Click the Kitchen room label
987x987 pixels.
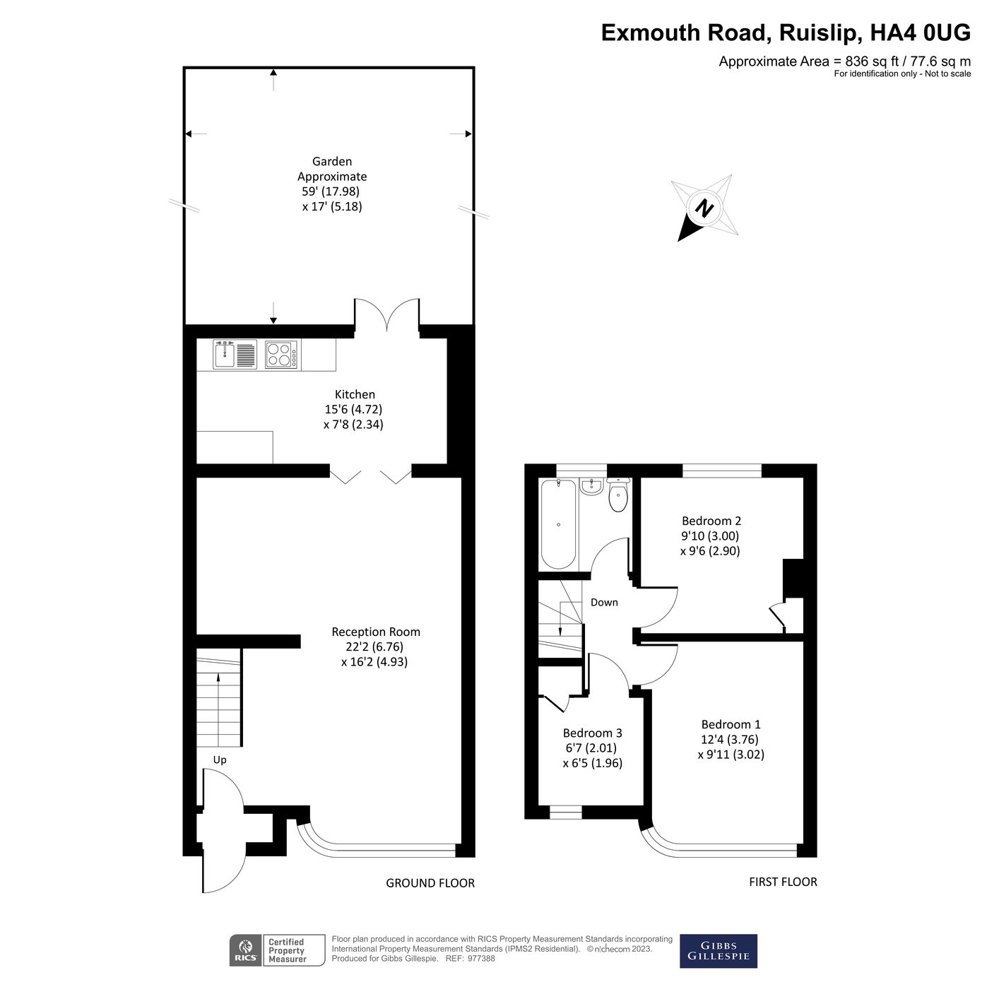pyautogui.click(x=355, y=394)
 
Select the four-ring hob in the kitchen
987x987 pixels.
pyautogui.click(x=282, y=354)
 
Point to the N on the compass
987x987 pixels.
pyautogui.click(x=704, y=208)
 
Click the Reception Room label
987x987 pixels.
pyautogui.click(x=376, y=632)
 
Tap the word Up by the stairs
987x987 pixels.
pyautogui.click(x=220, y=760)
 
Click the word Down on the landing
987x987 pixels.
pyautogui.click(x=604, y=603)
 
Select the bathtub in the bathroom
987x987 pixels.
pyautogui.click(x=559, y=523)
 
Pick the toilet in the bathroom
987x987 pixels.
pyautogui.click(x=618, y=496)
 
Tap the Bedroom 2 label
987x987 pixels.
pyautogui.click(x=711, y=521)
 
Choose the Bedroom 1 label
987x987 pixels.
pyautogui.click(x=731, y=724)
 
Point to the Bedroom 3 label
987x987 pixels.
pyautogui.click(x=592, y=733)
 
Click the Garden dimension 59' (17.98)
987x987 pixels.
pyautogui.click(x=331, y=191)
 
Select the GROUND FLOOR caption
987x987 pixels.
pyautogui.click(x=430, y=883)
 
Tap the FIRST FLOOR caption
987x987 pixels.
pyautogui.click(x=783, y=882)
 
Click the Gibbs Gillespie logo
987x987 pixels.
pyautogui.click(x=718, y=951)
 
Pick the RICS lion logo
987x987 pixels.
pyautogui.click(x=246, y=950)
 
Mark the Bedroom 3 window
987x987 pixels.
pyautogui.click(x=565, y=812)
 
